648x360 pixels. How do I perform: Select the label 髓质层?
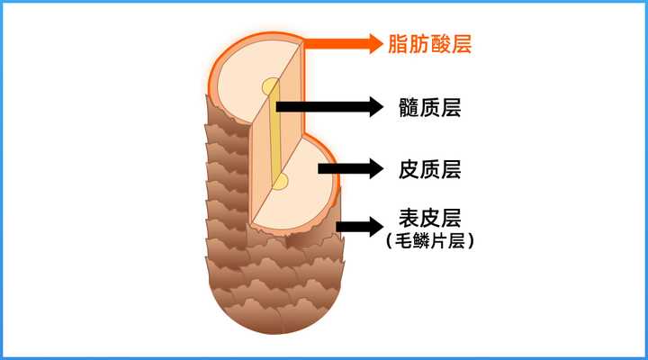428,107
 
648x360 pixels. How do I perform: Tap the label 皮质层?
428,167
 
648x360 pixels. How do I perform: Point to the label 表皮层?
428,219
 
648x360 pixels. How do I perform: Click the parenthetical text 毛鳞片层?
428,241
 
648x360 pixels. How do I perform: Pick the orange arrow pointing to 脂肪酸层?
342,42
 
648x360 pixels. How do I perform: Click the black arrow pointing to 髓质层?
328,107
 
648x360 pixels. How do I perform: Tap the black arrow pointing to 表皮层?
360,225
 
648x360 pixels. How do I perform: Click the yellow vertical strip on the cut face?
274,135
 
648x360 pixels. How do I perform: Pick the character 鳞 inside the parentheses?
419,241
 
